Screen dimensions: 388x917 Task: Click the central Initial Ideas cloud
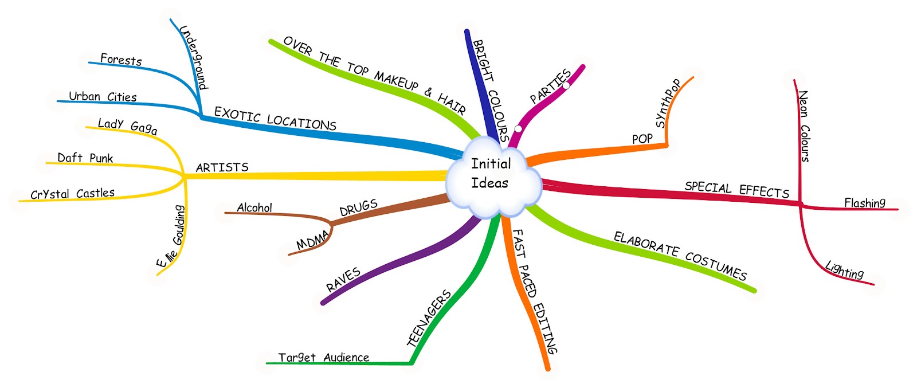coord(492,174)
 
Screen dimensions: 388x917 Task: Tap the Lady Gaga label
coord(127,126)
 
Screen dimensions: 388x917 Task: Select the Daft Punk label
coord(85,158)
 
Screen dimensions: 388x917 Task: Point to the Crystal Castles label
coord(73,194)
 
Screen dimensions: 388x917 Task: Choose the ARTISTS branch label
coord(222,167)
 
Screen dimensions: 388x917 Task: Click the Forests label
coord(121,59)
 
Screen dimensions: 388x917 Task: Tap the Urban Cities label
coord(103,96)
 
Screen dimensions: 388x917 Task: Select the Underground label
coord(193,57)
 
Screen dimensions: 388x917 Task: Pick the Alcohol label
coord(254,207)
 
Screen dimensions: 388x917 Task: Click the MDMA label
coord(313,240)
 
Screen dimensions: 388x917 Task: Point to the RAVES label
coord(343,279)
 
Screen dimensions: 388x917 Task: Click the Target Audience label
coord(323,358)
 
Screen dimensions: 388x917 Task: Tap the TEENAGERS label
coord(429,319)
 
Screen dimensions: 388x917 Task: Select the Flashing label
coord(864,202)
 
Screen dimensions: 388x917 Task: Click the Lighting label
coord(844,269)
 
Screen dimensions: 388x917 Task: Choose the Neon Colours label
coord(804,126)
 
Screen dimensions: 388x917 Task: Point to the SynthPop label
coord(668,103)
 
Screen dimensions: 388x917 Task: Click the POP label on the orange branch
coord(642,139)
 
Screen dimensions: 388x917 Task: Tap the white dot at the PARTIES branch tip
coord(566,85)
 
